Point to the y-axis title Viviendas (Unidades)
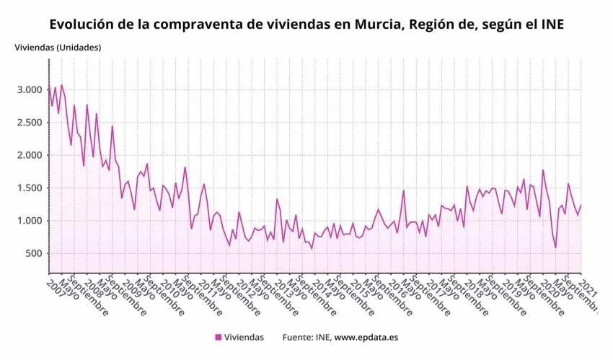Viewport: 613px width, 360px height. click(58, 48)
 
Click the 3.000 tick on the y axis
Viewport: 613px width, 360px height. click(29, 90)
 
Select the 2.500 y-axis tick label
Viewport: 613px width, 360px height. click(29, 123)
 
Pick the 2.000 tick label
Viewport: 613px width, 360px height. click(29, 155)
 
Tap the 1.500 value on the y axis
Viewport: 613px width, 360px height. click(29, 188)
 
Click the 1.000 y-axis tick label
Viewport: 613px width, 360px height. click(29, 221)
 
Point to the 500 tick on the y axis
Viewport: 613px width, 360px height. click(32, 253)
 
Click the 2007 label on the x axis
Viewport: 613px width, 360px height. click(57, 286)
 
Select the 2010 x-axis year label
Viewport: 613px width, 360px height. click(171, 286)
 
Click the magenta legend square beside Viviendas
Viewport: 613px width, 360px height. click(218, 337)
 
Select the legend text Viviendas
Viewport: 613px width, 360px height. click(244, 337)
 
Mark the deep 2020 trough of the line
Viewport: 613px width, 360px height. click(555, 247)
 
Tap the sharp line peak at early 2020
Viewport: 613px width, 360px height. click(542, 170)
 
